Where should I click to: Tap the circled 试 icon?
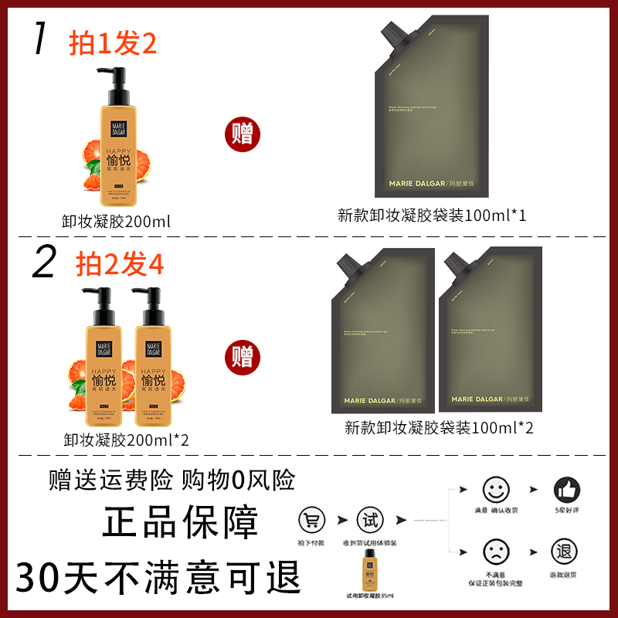point(370,520)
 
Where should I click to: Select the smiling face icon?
point(497,490)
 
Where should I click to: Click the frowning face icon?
point(497,551)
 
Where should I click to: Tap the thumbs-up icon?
point(567,490)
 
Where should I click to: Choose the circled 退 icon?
point(565,551)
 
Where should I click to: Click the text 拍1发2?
point(113,43)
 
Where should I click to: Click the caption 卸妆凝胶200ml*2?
point(127,440)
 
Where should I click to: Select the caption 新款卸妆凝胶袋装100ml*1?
point(432,216)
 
